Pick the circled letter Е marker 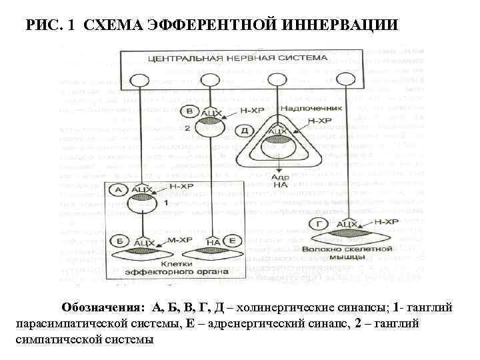231,241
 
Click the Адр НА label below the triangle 279,182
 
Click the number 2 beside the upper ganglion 187,127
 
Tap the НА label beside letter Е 213,241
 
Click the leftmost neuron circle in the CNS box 139,80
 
